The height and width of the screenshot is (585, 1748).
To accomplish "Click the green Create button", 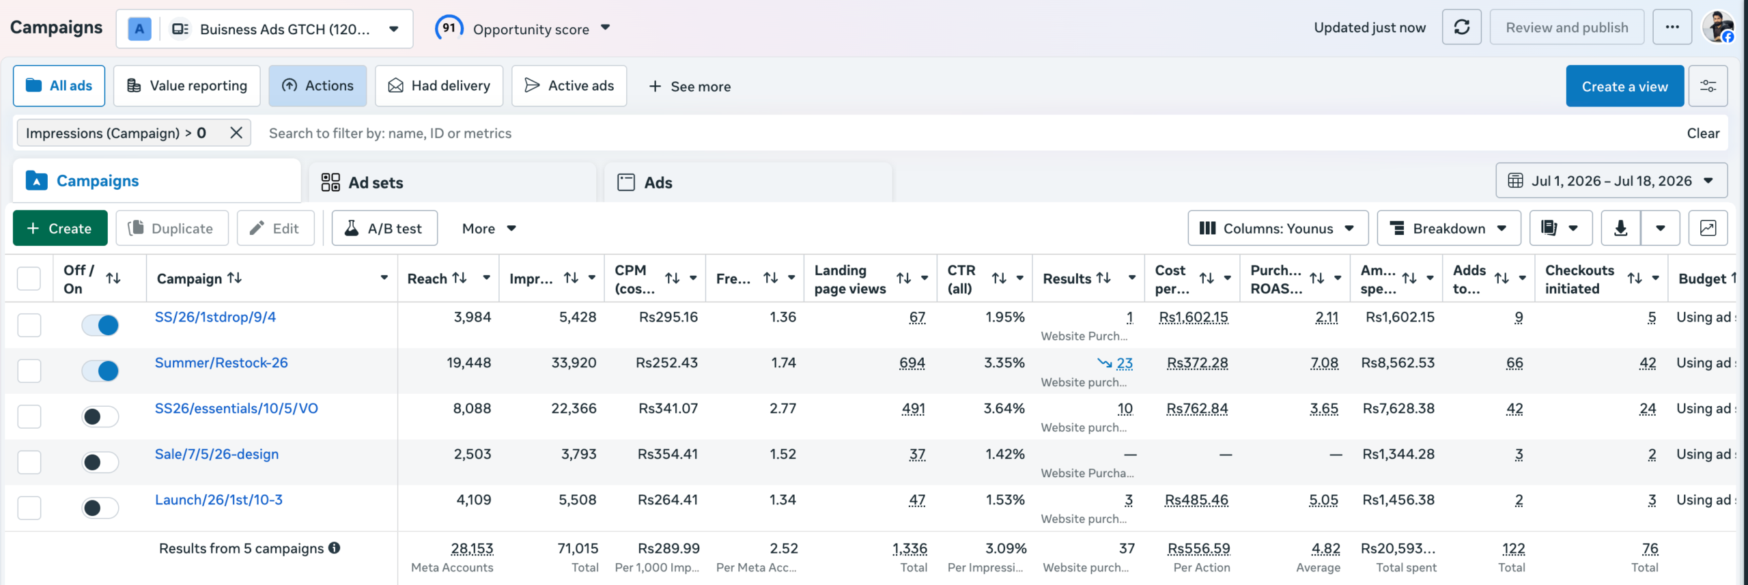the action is (60, 228).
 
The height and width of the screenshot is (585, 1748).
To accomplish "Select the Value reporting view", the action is (186, 86).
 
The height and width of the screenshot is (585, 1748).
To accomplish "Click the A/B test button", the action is (384, 228).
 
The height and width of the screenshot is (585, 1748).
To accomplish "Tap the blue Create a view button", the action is (1624, 86).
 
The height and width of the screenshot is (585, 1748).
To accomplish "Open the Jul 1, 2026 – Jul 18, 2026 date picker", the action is (1611, 181).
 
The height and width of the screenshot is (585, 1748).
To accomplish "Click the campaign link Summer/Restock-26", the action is (221, 362).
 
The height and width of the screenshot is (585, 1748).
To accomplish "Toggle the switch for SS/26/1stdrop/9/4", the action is (100, 325).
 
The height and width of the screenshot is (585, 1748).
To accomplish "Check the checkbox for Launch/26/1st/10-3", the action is (29, 508).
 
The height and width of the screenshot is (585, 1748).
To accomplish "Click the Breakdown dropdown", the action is (1449, 228).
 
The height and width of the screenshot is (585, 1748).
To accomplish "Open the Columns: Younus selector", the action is (1278, 228).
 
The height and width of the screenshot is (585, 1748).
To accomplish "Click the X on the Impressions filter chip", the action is (236, 132).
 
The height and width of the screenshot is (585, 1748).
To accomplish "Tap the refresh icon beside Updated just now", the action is (1461, 27).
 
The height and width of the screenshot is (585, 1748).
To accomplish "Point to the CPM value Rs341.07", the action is (668, 408).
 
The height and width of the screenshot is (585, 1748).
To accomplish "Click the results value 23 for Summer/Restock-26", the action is (1124, 363).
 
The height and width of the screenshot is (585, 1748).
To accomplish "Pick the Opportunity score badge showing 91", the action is (449, 28).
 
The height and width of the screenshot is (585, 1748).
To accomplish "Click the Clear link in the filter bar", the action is (1703, 133).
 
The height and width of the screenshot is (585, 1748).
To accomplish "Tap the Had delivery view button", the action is (439, 86).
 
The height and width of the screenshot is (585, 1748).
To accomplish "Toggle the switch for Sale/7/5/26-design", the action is (100, 462).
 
